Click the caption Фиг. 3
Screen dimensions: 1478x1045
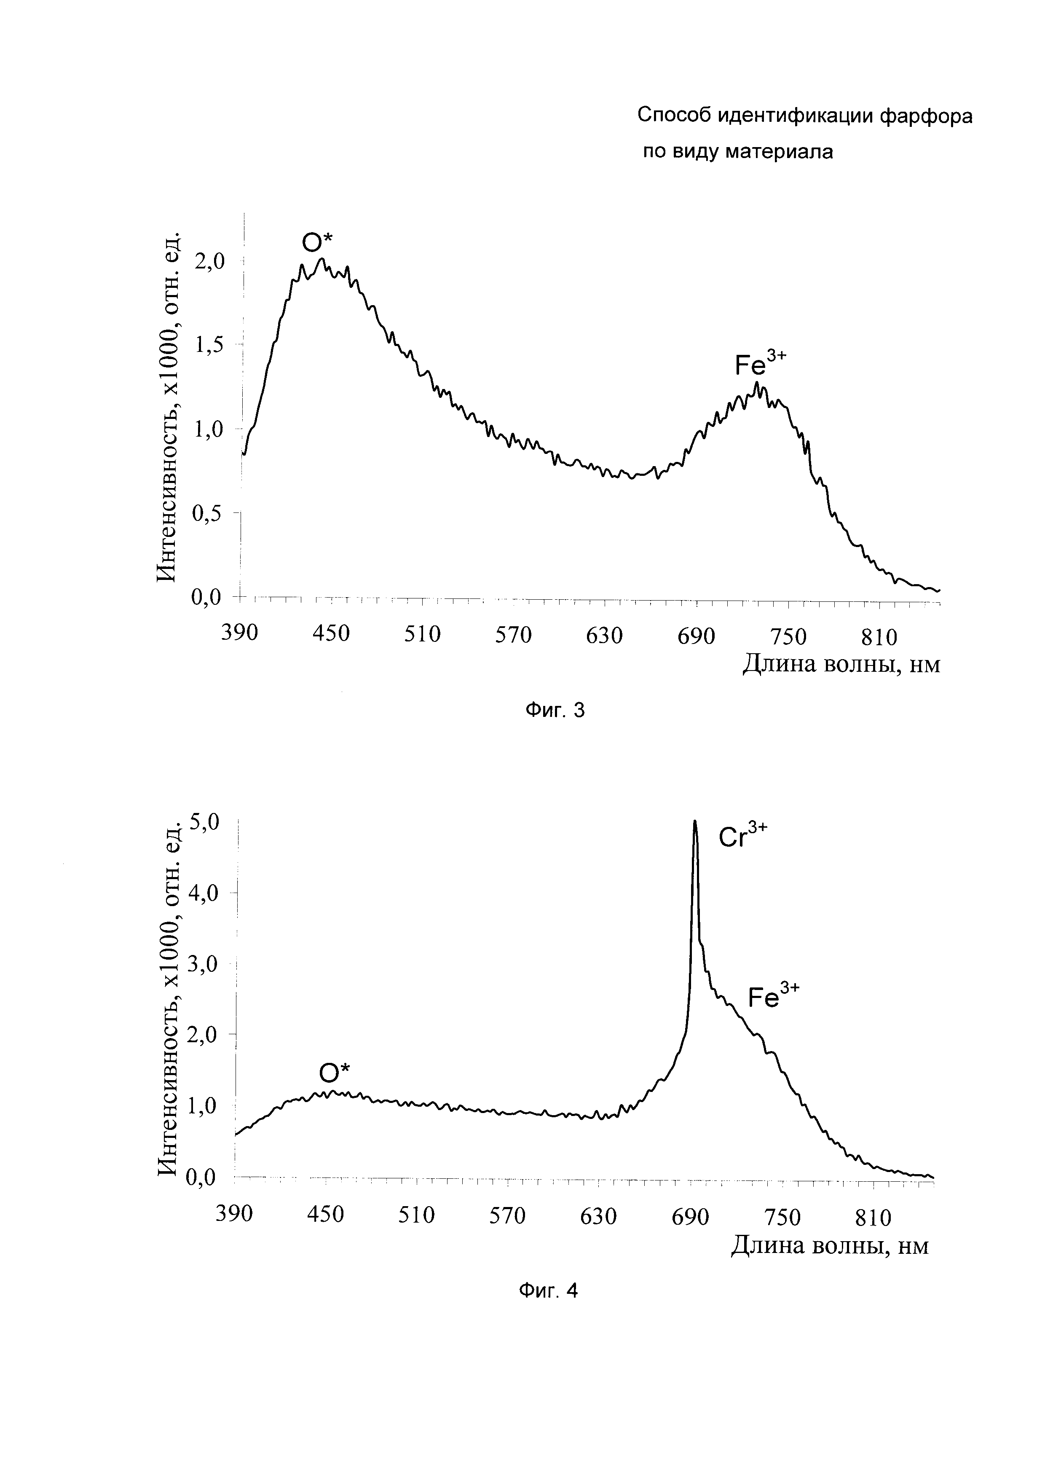coord(555,710)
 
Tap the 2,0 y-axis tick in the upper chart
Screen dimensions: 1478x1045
coord(210,261)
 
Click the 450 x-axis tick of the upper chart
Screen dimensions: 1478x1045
coord(331,635)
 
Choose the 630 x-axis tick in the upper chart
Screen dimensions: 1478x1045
coord(604,636)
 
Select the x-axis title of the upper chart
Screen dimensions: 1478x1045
coord(841,663)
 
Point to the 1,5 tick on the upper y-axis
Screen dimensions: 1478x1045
coord(210,345)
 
